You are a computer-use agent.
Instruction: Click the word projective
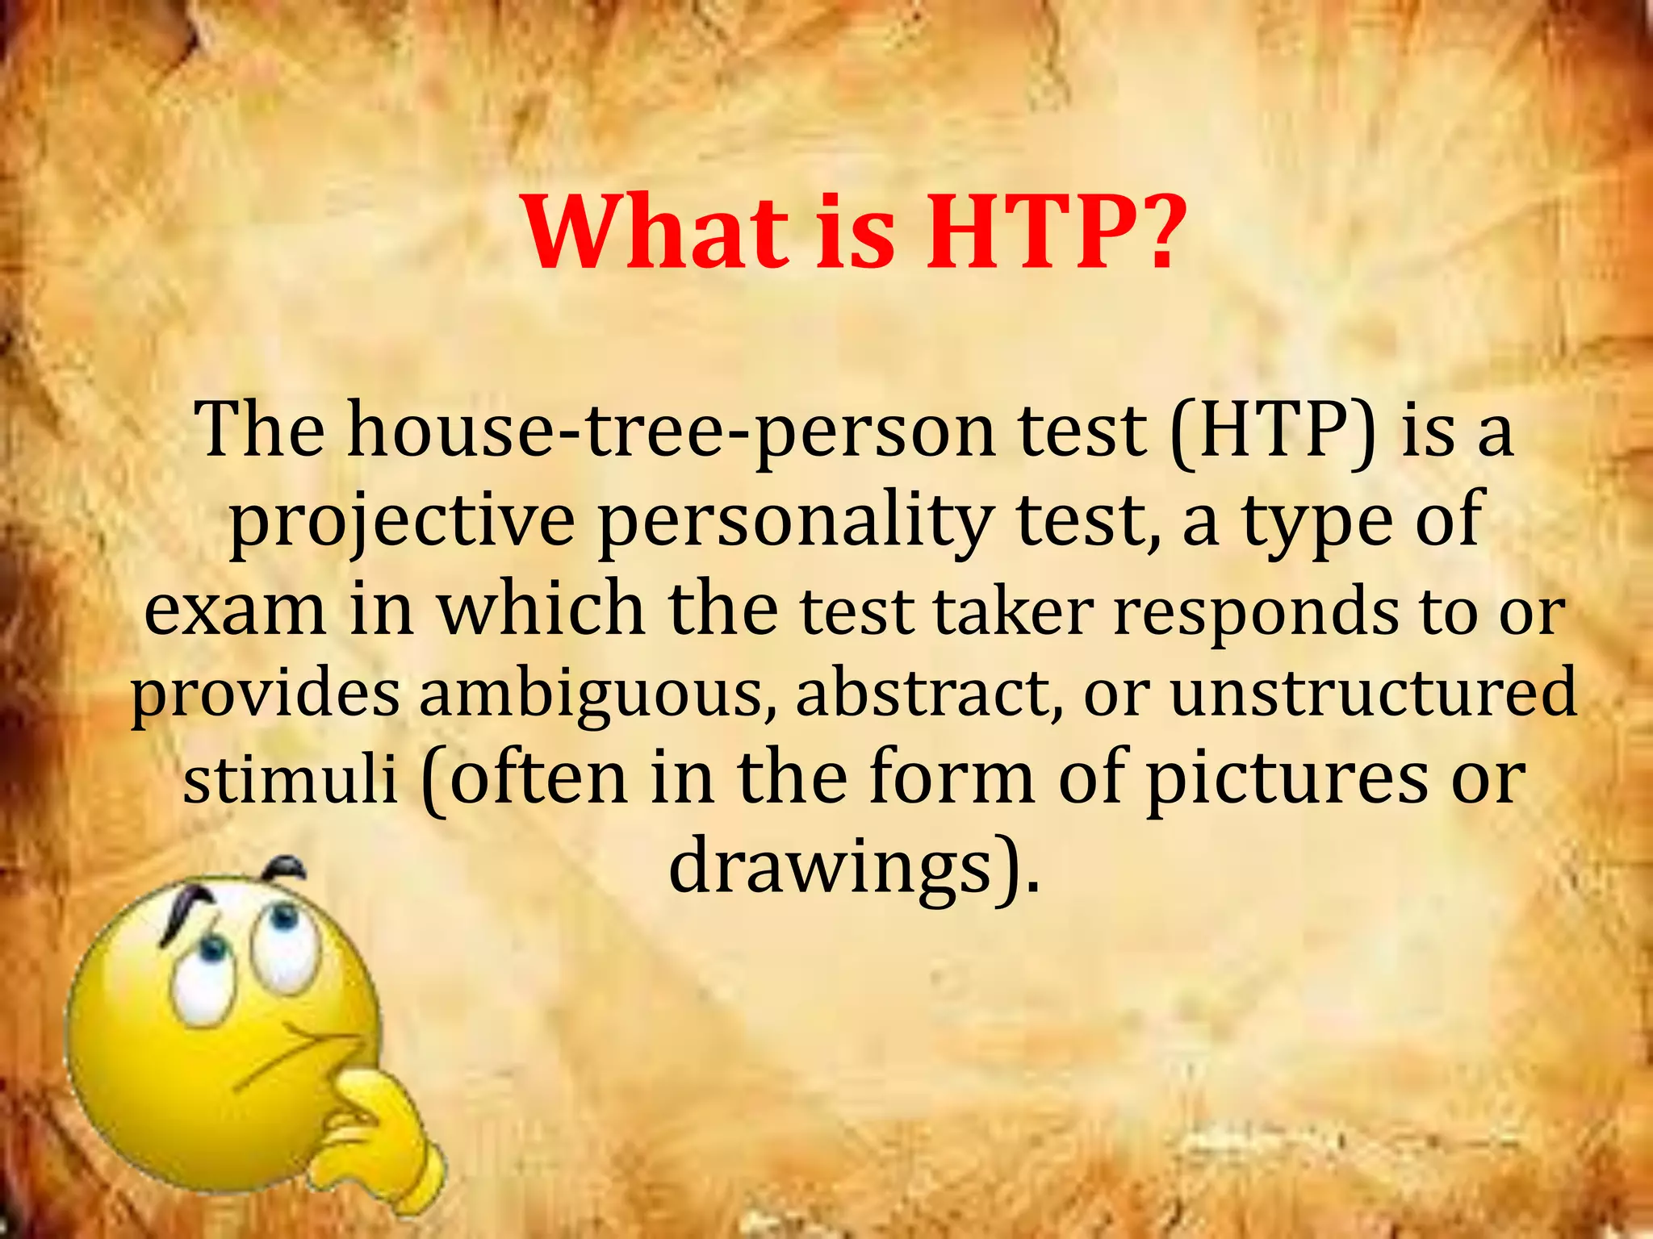point(401,522)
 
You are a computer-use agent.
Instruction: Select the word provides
point(265,695)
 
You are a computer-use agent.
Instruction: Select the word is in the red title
point(855,231)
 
